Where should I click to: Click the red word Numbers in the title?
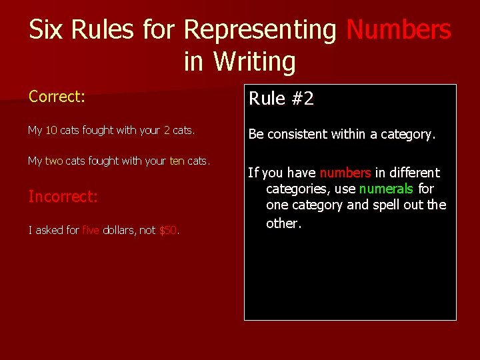pyautogui.click(x=399, y=30)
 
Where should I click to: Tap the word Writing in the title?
pyautogui.click(x=254, y=62)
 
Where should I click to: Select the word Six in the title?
pyautogui.click(x=47, y=30)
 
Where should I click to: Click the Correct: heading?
pyautogui.click(x=57, y=97)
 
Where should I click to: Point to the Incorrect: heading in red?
pyautogui.click(x=63, y=197)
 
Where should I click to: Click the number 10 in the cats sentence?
pyautogui.click(x=51, y=131)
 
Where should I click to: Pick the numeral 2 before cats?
pyautogui.click(x=167, y=131)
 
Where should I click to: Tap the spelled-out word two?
pyautogui.click(x=54, y=161)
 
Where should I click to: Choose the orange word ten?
pyautogui.click(x=177, y=161)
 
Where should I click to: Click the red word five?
pyautogui.click(x=91, y=231)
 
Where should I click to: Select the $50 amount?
pyautogui.click(x=168, y=231)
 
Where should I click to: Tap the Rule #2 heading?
pyautogui.click(x=281, y=99)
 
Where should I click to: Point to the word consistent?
pyautogui.click(x=295, y=134)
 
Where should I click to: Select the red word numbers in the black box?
pyautogui.click(x=345, y=173)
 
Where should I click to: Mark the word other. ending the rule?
pyautogui.click(x=284, y=223)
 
